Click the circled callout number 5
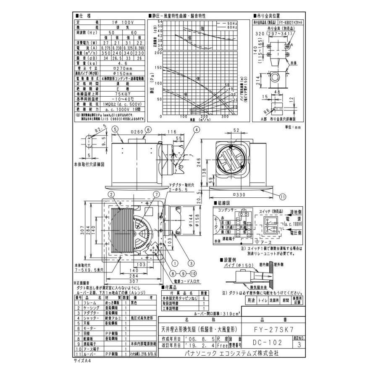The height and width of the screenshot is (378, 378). click(114, 130)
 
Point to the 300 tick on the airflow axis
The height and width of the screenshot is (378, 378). click(225, 117)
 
